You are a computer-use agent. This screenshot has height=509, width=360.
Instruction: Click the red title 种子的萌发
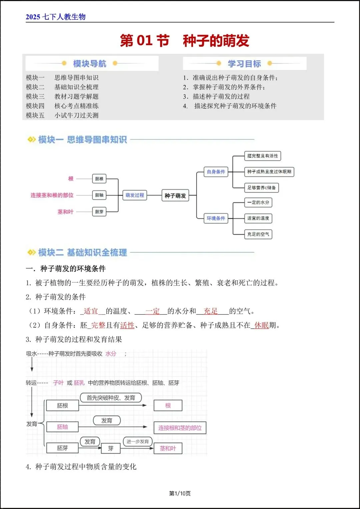[x=216, y=41]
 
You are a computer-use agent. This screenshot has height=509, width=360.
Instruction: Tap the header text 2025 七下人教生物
[x=56, y=17]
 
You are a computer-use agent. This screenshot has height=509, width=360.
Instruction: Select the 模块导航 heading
[x=89, y=63]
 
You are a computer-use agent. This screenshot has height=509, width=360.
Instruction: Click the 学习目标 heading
[x=244, y=63]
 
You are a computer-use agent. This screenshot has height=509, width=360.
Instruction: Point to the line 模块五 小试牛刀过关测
[x=62, y=115]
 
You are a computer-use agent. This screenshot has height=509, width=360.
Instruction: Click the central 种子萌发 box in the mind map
[x=175, y=196]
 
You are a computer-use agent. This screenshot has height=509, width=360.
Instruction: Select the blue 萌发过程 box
[x=135, y=195]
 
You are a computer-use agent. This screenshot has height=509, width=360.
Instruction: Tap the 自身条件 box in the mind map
[x=216, y=172]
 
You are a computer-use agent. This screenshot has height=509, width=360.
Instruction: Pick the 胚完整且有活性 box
[x=262, y=156]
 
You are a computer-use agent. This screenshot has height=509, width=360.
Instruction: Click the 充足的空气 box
[x=258, y=234]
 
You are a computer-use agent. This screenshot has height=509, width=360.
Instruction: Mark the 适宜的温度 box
[x=258, y=218]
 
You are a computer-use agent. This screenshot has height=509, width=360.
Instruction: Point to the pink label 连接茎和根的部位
[x=52, y=195]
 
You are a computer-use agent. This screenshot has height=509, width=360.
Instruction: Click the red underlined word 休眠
[x=261, y=325]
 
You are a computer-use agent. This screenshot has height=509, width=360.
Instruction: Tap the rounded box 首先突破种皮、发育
[x=111, y=398]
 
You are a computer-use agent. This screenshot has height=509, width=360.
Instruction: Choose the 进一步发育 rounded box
[x=138, y=441]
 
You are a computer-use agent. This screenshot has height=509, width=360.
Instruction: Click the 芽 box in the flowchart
[x=111, y=448]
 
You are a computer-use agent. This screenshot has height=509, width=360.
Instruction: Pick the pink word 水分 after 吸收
[x=111, y=354]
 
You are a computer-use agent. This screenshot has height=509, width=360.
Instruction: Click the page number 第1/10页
[x=180, y=493]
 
